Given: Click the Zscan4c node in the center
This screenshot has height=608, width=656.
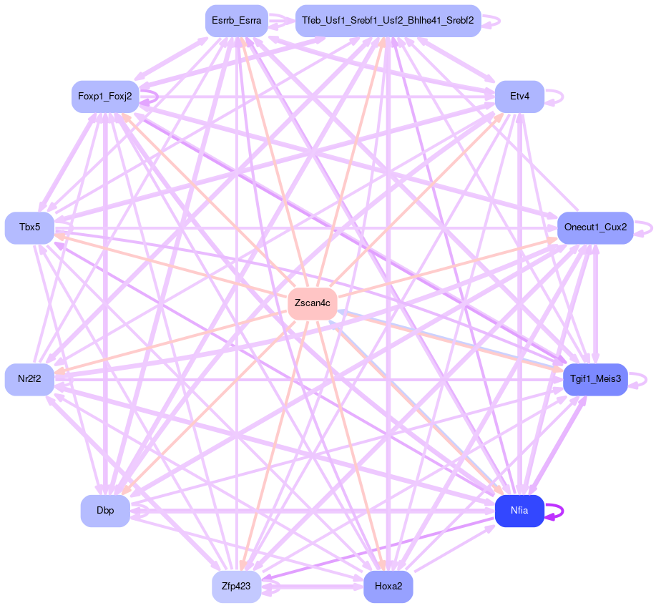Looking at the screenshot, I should click(313, 304).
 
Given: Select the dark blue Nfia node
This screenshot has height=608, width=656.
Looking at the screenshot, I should click(519, 511).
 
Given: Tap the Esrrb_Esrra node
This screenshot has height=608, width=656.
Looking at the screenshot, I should click(236, 21).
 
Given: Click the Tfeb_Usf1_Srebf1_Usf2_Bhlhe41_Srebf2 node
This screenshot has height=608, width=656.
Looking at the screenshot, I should click(388, 21).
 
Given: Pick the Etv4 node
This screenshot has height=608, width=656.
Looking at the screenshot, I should click(519, 97).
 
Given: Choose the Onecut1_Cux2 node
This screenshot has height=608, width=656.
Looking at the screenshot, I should click(595, 227).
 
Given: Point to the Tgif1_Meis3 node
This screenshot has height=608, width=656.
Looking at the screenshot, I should click(595, 379).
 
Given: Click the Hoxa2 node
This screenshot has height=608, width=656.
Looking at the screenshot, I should click(388, 587).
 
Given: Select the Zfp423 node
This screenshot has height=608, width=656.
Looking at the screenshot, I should click(236, 587).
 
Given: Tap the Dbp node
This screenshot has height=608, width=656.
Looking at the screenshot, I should click(105, 511).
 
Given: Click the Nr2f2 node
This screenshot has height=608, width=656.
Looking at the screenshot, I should click(29, 379).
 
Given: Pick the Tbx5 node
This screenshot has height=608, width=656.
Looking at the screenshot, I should click(29, 227).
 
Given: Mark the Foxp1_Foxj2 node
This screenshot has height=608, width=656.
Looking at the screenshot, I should click(105, 97).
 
